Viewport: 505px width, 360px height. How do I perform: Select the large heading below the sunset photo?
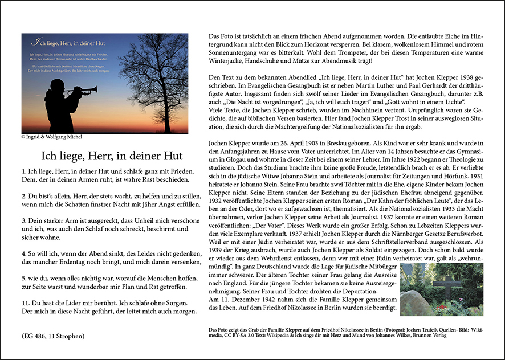point(112,155)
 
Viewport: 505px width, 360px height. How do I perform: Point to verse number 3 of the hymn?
point(24,220)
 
